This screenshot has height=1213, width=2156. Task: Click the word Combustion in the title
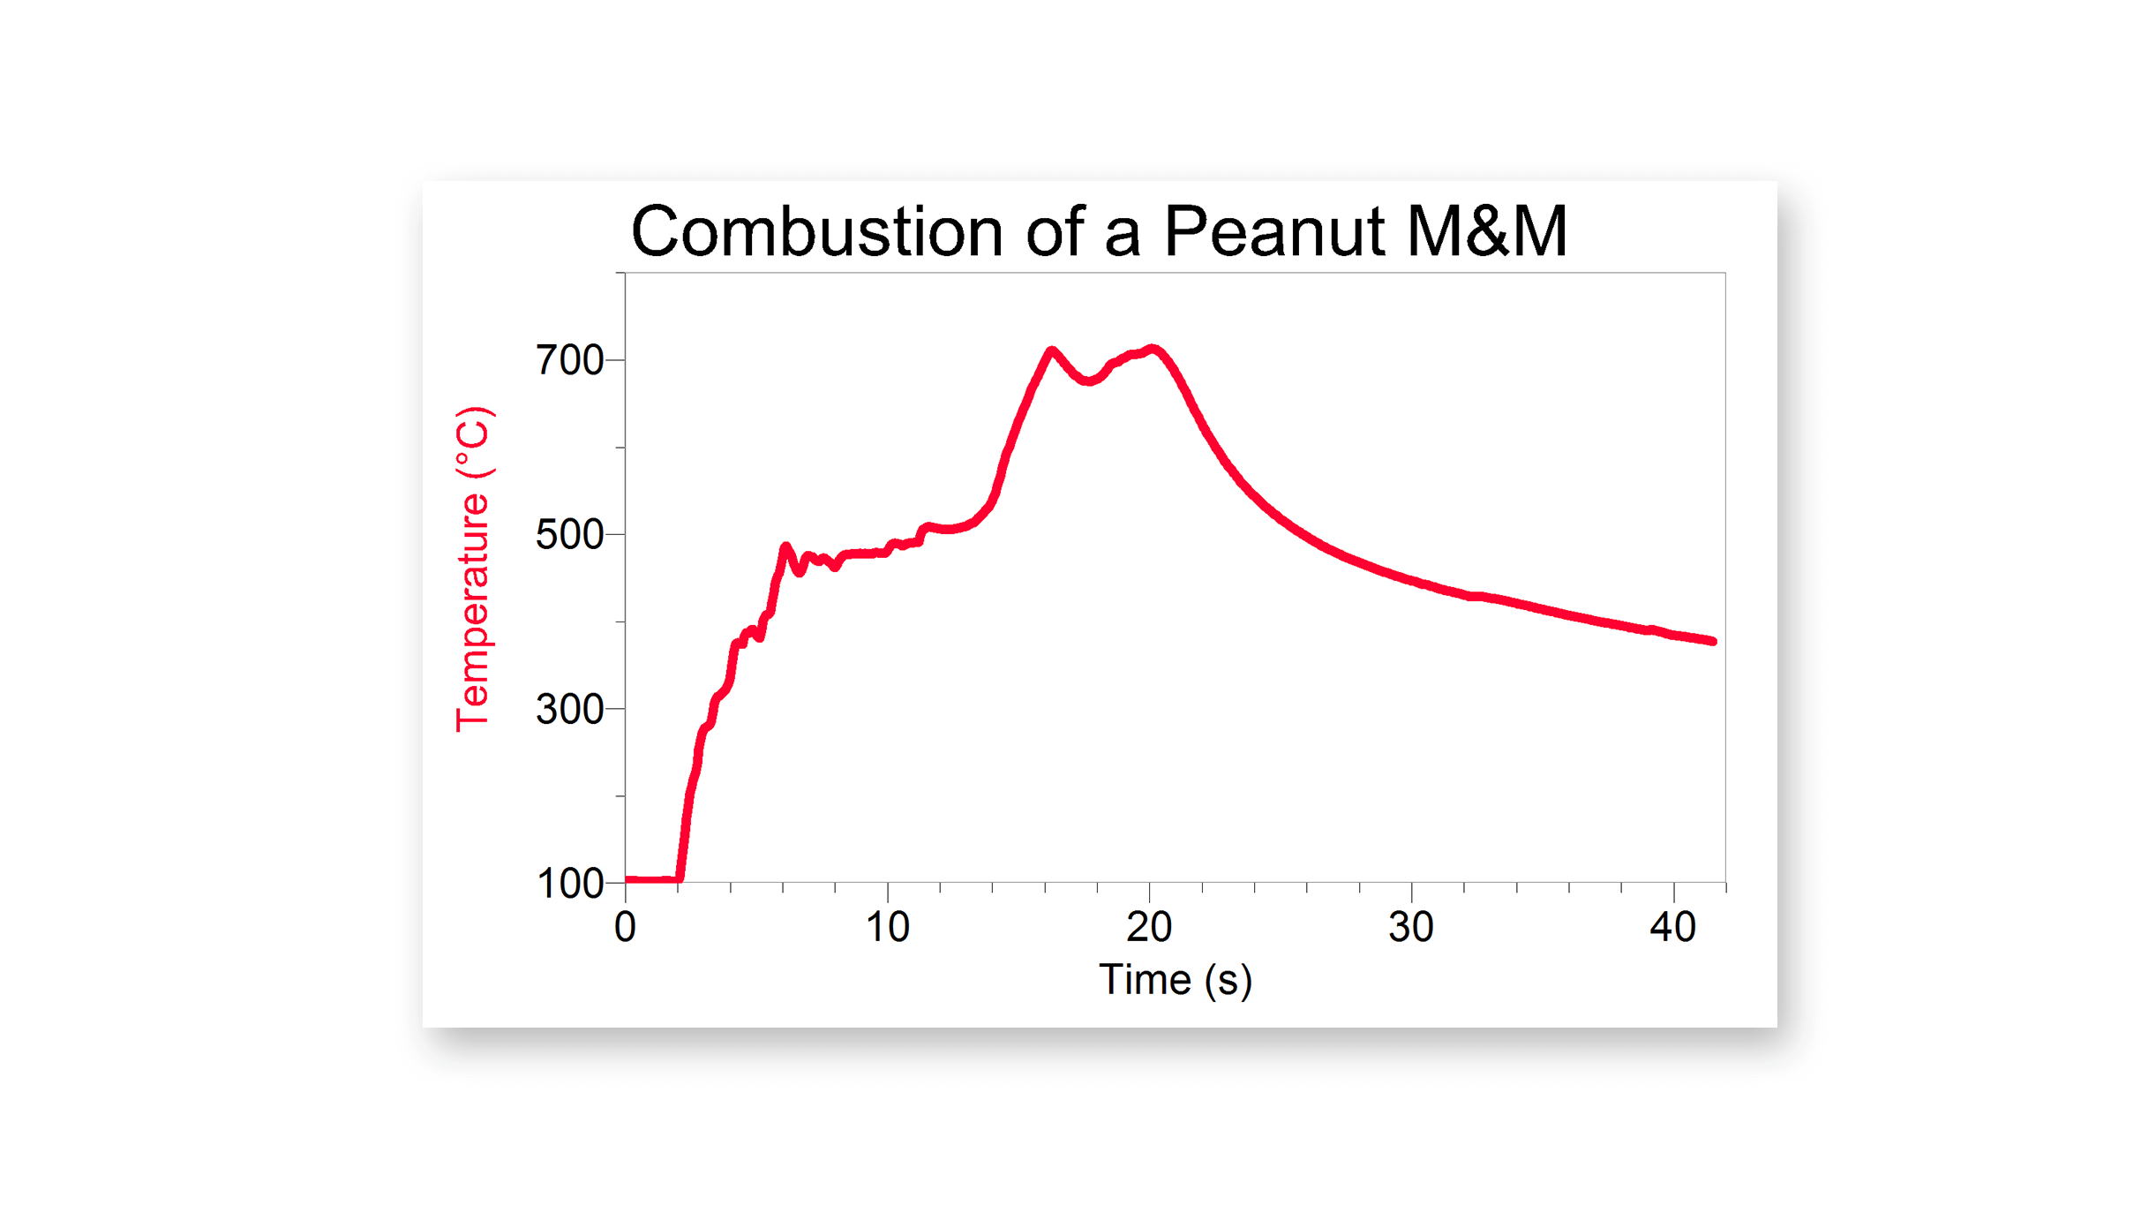pyautogui.click(x=816, y=232)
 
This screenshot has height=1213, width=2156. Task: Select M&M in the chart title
pyautogui.click(x=1486, y=232)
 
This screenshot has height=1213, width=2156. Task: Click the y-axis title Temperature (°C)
pyautogui.click(x=473, y=569)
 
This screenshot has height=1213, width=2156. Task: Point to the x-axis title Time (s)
pyautogui.click(x=1175, y=980)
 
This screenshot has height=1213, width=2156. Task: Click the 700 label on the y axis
pyautogui.click(x=569, y=360)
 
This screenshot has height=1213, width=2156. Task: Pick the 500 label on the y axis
pyautogui.click(x=569, y=535)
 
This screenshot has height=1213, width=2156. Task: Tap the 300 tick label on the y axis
pyautogui.click(x=569, y=710)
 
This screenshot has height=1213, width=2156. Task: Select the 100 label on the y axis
pyautogui.click(x=569, y=884)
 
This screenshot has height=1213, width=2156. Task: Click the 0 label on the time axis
pyautogui.click(x=625, y=928)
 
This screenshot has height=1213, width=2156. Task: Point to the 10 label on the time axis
pyautogui.click(x=886, y=928)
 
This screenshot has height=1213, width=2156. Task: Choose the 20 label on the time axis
pyautogui.click(x=1149, y=928)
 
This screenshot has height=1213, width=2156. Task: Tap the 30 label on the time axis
pyautogui.click(x=1410, y=928)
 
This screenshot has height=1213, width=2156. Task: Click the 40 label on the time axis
pyautogui.click(x=1672, y=928)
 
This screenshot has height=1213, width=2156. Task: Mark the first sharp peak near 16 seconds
pyautogui.click(x=1051, y=350)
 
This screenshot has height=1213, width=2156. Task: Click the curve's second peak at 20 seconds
pyautogui.click(x=1152, y=349)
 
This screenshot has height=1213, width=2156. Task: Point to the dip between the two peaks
pyautogui.click(x=1089, y=381)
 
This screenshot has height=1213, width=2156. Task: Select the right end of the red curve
pyautogui.click(x=1712, y=641)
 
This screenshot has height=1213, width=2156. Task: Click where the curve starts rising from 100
pyautogui.click(x=679, y=878)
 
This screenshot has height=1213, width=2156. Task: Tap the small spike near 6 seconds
pyautogui.click(x=785, y=547)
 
